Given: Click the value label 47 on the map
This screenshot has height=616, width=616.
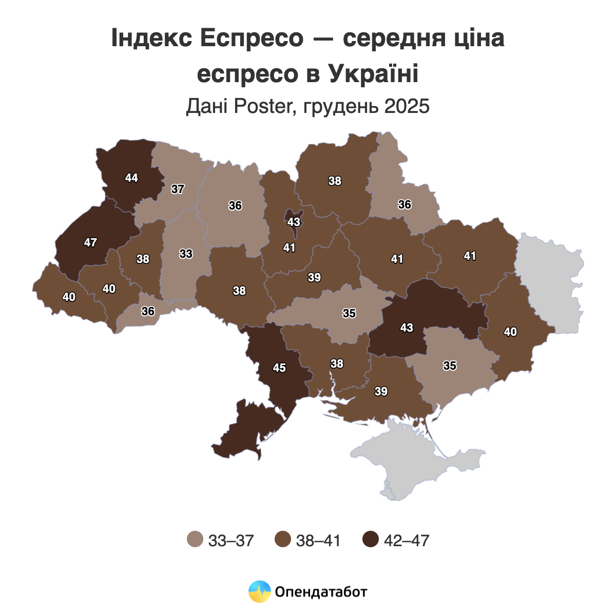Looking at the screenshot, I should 90,242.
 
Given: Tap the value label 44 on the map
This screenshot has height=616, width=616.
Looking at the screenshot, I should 131,178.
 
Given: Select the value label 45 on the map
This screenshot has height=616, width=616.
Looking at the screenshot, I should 279,368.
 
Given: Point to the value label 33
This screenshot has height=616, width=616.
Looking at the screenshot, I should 186,254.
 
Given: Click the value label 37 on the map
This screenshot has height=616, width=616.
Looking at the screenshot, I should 178,189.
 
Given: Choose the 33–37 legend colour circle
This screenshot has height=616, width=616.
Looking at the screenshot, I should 195,540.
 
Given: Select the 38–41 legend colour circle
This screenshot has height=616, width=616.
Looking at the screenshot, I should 283,540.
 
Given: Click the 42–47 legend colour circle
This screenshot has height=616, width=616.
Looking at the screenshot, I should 370,540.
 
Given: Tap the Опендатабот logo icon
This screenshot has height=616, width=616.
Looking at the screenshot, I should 259,591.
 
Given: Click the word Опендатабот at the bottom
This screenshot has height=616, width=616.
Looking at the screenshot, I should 321,592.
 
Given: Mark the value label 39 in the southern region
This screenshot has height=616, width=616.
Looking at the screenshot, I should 381,391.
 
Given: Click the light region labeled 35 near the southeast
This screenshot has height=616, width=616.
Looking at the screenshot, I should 450,365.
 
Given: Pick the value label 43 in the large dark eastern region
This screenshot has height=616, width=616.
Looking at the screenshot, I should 407,328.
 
